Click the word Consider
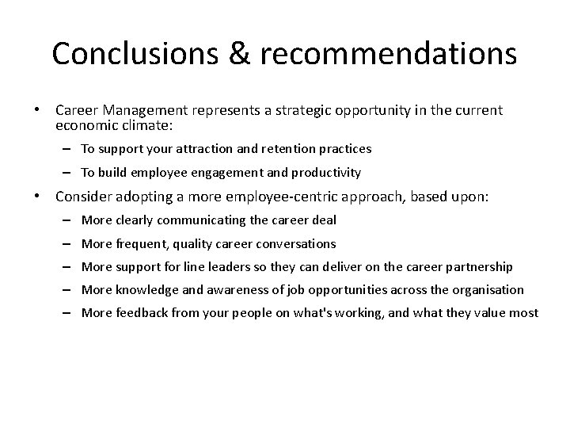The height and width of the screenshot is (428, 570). (x=84, y=197)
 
